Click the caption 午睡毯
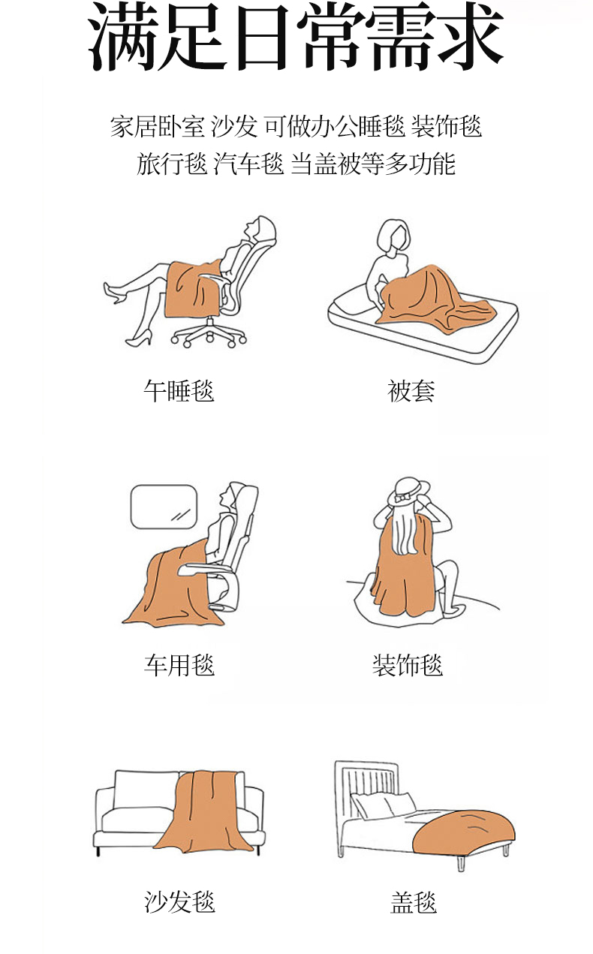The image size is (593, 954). pyautogui.click(x=179, y=390)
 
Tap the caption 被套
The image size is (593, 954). pyautogui.click(x=411, y=390)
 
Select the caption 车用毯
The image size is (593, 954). pyautogui.click(x=179, y=665)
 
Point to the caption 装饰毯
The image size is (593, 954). pyautogui.click(x=408, y=665)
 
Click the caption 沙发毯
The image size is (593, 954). pyautogui.click(x=179, y=901)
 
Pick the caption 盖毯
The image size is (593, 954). pyautogui.click(x=414, y=901)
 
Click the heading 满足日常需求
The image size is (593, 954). pyautogui.click(x=296, y=36)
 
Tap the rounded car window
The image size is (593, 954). pyautogui.click(x=164, y=507)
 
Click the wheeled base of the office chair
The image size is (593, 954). pyautogui.click(x=209, y=333)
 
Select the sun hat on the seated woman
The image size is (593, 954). pyautogui.click(x=408, y=491)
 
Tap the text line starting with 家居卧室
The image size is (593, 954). pyautogui.click(x=296, y=127)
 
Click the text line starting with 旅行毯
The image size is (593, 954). pyautogui.click(x=296, y=164)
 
